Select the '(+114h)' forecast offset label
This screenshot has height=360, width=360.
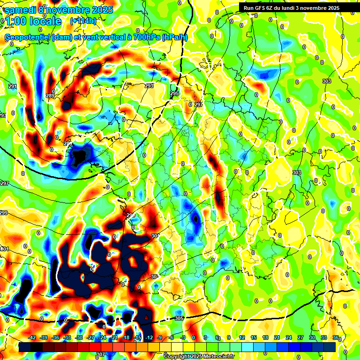tap(83, 21)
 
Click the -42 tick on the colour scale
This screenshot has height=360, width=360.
tap(32, 337)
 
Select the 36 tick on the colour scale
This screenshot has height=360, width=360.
tap(336, 337)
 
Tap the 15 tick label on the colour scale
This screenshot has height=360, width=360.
tap(254, 337)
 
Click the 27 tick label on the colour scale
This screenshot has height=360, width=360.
tap(300, 337)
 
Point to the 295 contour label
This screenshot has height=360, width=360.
tap(174, 94)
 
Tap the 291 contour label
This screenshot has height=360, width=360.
tap(12, 86)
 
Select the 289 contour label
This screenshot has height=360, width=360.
tap(50, 96)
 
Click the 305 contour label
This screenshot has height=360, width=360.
tap(179, 318)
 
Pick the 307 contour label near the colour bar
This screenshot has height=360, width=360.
tap(101, 354)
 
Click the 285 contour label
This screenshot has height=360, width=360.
tap(68, 143)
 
